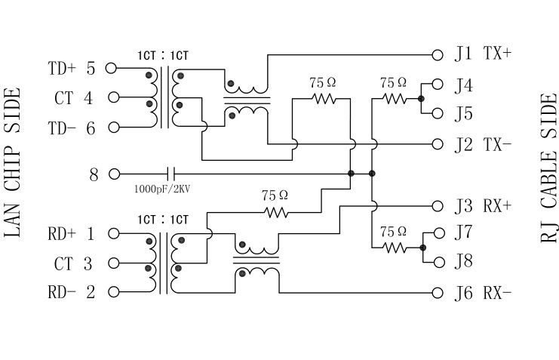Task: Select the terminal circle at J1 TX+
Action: click(x=437, y=54)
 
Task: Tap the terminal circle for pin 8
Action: click(x=113, y=174)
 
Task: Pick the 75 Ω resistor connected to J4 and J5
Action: click(x=394, y=98)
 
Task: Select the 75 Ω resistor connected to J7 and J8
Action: click(x=394, y=247)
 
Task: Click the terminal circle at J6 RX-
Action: click(x=437, y=292)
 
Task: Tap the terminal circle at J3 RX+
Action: click(x=437, y=205)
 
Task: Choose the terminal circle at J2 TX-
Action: click(x=437, y=144)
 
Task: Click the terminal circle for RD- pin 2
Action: click(x=113, y=292)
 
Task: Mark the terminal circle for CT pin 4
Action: click(x=113, y=97)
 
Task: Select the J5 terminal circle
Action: click(x=437, y=113)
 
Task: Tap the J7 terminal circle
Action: click(x=437, y=232)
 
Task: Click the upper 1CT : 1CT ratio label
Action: click(x=163, y=55)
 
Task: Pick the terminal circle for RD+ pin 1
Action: click(x=113, y=233)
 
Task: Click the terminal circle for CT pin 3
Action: click(x=113, y=263)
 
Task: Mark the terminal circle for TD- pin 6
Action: click(x=113, y=128)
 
